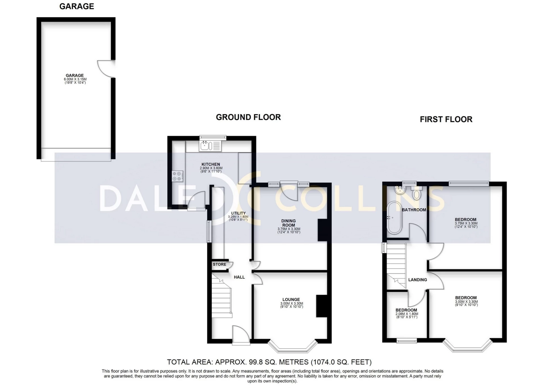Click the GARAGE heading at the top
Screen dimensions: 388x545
point(77,7)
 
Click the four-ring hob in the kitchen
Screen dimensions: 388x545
point(178,176)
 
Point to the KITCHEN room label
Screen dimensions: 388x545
point(211,164)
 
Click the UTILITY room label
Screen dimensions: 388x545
point(238,213)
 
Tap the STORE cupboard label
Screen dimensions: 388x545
point(219,264)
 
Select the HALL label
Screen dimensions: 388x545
point(239,277)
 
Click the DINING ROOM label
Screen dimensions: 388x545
point(288,223)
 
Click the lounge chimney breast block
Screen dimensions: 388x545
point(321,306)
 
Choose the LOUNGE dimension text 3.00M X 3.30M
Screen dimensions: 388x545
point(292,304)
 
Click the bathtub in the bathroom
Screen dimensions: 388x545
point(394,218)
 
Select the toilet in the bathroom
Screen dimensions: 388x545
point(416,194)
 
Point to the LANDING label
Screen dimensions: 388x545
point(418,280)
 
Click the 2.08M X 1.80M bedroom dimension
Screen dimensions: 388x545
point(407,314)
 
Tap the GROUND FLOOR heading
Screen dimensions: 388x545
point(248,117)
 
